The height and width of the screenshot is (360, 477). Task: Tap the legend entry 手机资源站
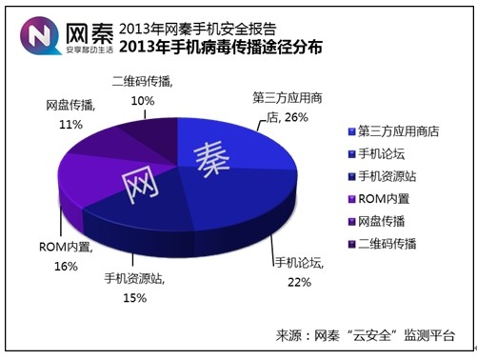(388, 174)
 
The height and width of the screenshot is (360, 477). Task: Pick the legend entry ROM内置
(380, 197)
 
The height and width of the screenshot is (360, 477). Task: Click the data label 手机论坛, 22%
(299, 270)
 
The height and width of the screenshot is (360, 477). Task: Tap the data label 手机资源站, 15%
(133, 289)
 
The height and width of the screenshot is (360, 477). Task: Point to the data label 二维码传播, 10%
(142, 90)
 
